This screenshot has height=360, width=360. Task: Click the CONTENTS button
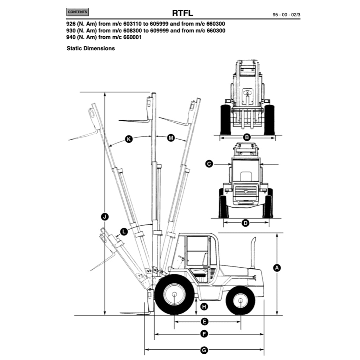click(x=77, y=12)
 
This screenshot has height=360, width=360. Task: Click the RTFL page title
click(x=182, y=13)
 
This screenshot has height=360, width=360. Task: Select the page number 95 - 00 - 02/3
click(x=286, y=15)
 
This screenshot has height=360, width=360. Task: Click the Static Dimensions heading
click(x=91, y=49)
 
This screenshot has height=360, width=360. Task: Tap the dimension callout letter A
click(x=277, y=268)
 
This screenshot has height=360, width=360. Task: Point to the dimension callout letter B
click(x=247, y=137)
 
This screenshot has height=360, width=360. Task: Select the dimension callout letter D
click(x=246, y=223)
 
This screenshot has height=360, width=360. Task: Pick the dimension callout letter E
click(x=204, y=321)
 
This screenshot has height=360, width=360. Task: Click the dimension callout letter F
click(x=204, y=334)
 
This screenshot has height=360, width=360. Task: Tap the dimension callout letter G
click(x=204, y=350)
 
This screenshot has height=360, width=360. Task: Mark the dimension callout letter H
click(x=204, y=307)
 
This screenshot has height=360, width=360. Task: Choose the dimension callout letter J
click(x=104, y=217)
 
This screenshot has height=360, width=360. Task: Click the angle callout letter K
click(x=129, y=140)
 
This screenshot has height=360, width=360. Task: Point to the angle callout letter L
click(x=124, y=231)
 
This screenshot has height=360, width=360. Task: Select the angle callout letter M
click(x=171, y=138)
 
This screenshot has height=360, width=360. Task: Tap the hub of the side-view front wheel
click(x=175, y=295)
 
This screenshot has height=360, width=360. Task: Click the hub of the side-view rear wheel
click(x=240, y=301)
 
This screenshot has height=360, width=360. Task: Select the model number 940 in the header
click(x=71, y=37)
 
